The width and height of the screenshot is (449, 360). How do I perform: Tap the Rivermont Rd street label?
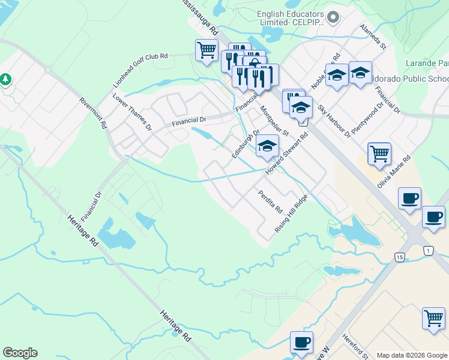point(92,112)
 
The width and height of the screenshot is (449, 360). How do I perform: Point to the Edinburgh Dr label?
point(246,144)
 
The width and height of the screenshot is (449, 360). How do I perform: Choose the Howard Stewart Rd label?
point(288,153)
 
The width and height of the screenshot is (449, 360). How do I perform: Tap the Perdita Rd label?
point(270,202)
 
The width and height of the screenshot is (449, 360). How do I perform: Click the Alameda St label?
point(373,37)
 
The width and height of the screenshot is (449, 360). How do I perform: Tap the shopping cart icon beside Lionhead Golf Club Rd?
point(206,50)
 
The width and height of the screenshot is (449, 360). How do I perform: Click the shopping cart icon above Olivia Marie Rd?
point(379,154)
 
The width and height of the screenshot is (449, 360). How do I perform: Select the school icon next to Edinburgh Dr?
point(268,146)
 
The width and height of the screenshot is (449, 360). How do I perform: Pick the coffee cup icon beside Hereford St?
point(301,342)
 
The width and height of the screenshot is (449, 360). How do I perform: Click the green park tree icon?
point(6,79)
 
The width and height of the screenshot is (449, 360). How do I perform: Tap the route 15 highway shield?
point(399,257)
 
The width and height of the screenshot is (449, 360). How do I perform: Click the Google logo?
point(20,353)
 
